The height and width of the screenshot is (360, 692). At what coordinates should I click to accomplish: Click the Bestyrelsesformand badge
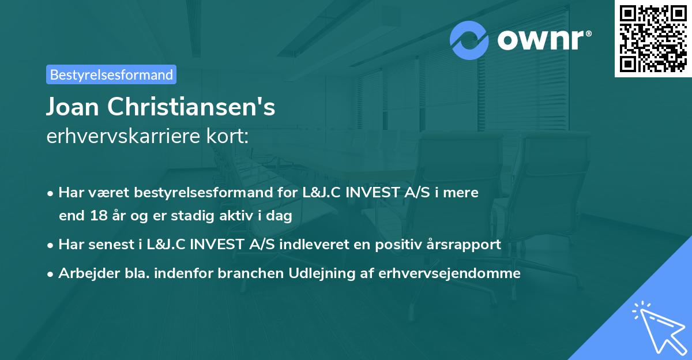(111, 74)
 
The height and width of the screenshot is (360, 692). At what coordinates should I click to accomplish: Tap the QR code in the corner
(653, 38)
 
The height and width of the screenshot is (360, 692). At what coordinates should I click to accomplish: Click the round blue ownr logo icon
(470, 40)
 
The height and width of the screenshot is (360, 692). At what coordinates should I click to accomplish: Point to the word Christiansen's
(193, 107)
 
